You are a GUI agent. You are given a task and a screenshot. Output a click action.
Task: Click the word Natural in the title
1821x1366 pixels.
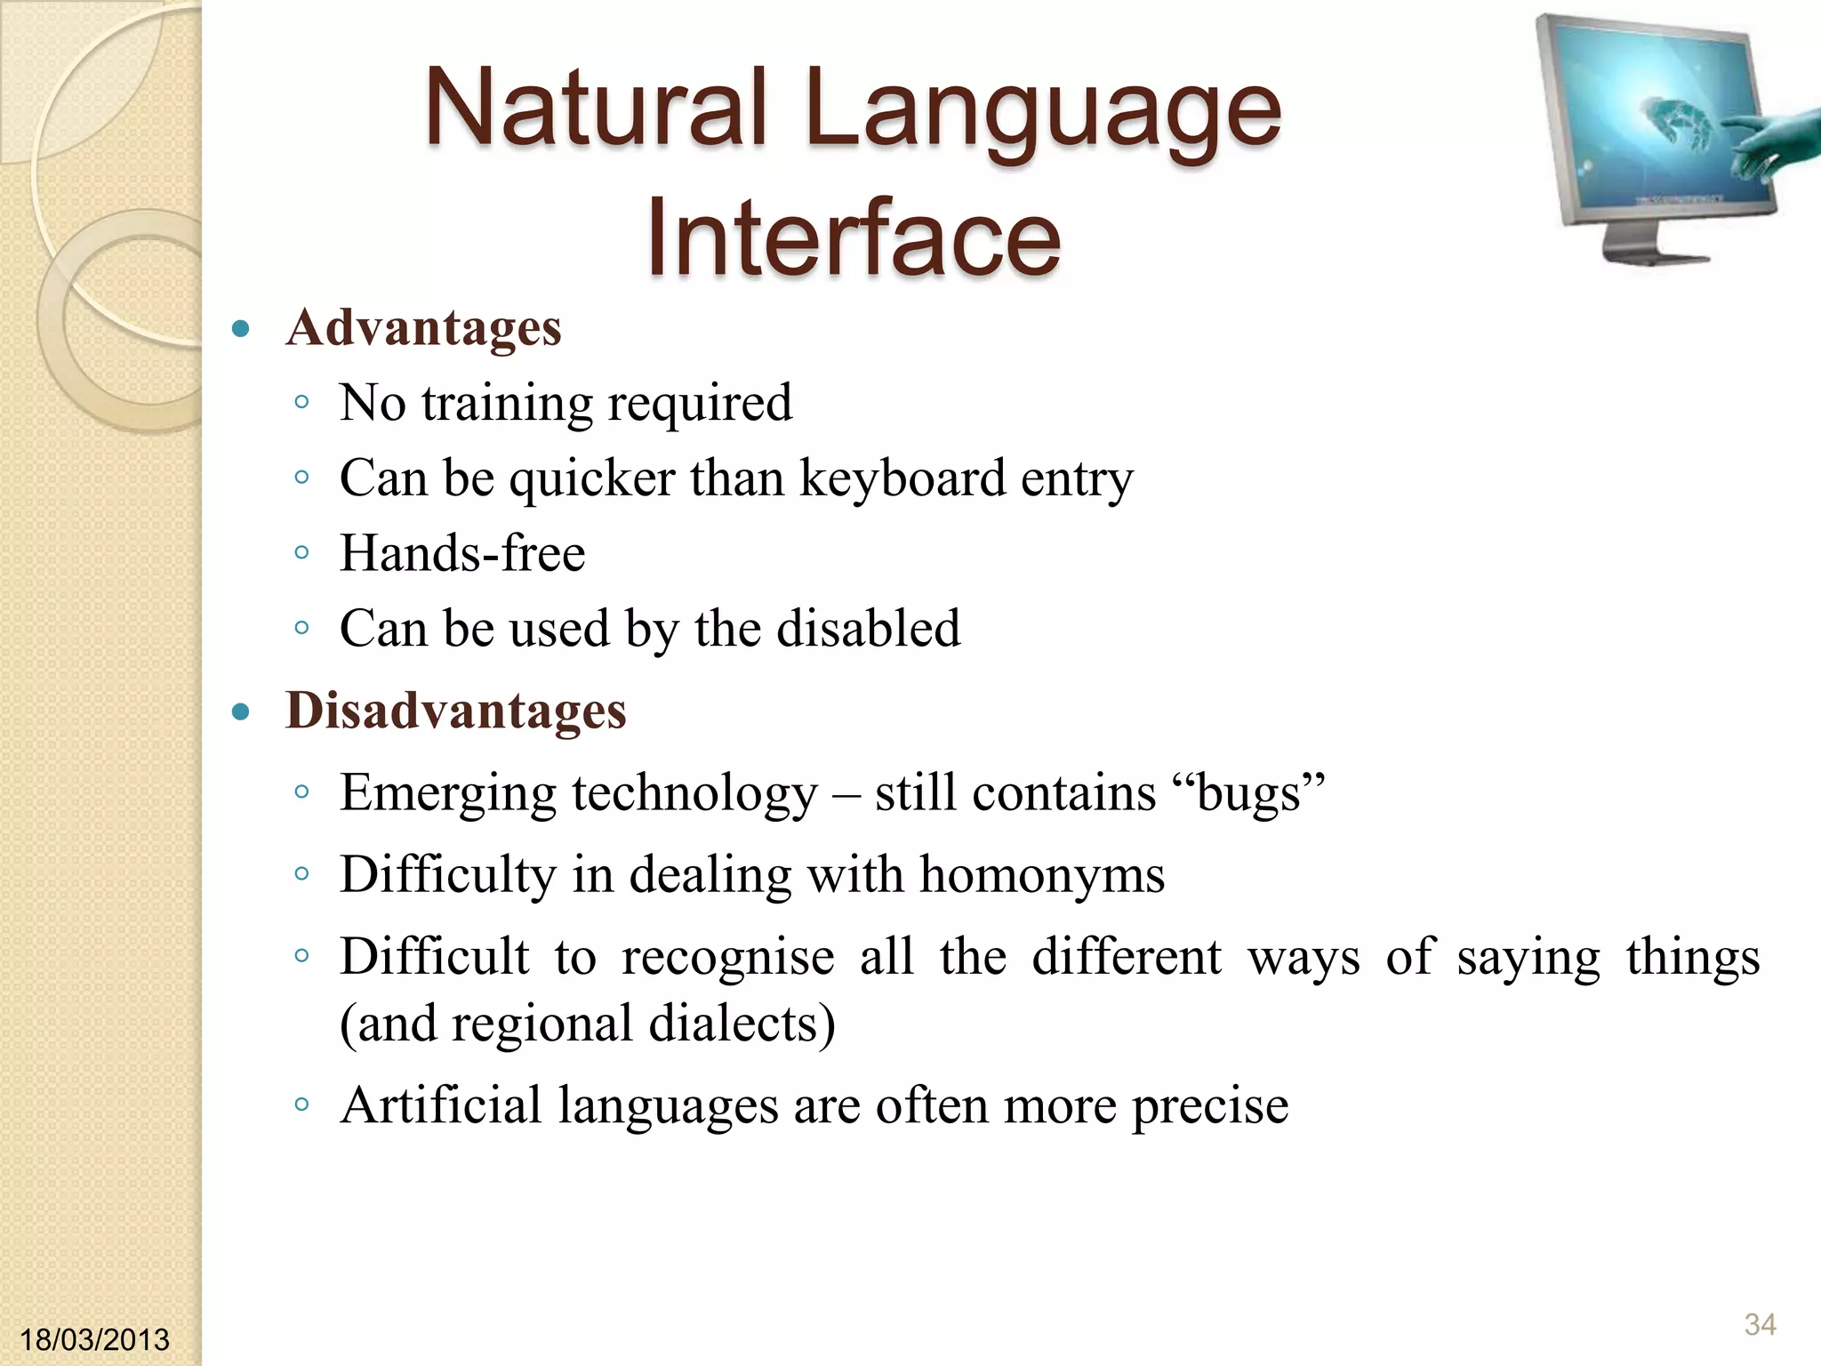594,110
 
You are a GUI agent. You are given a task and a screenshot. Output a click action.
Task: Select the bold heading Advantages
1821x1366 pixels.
423,327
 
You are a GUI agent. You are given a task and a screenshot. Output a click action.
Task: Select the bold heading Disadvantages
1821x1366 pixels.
455,711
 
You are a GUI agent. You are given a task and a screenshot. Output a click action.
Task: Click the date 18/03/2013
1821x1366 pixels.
93,1339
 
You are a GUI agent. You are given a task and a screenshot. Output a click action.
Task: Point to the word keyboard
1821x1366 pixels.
902,478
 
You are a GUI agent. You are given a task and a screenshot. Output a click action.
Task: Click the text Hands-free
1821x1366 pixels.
462,553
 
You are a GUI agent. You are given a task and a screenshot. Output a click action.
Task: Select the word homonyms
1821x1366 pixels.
1041,874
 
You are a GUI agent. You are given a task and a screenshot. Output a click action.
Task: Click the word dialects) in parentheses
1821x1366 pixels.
742,1024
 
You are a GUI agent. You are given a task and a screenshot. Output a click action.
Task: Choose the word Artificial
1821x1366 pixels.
441,1105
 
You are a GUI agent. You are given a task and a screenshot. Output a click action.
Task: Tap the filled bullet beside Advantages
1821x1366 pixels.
240,330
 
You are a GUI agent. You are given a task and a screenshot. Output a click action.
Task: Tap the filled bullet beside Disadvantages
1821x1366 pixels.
240,712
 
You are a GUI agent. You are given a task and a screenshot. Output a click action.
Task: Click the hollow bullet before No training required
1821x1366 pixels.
301,403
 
